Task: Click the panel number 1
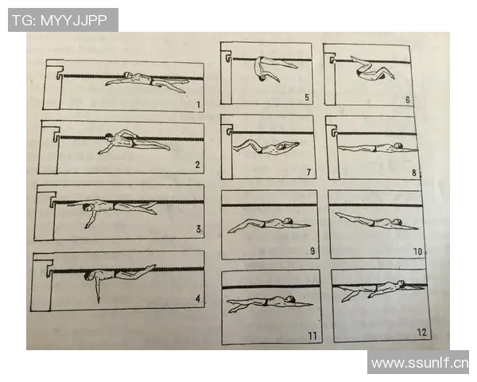tap(198, 105)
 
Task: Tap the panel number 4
tap(198, 299)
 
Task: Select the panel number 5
tap(307, 97)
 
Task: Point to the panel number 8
tap(414, 173)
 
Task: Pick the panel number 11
tap(312, 336)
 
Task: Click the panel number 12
tap(422, 332)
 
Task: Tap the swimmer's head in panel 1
tap(128, 75)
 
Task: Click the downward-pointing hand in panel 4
tap(98, 298)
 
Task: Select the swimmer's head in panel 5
tap(262, 79)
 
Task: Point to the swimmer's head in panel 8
tap(397, 145)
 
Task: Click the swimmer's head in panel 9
tap(287, 220)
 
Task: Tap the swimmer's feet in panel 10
tap(339, 215)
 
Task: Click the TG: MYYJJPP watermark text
tap(60, 21)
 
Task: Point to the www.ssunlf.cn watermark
tap(420, 363)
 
